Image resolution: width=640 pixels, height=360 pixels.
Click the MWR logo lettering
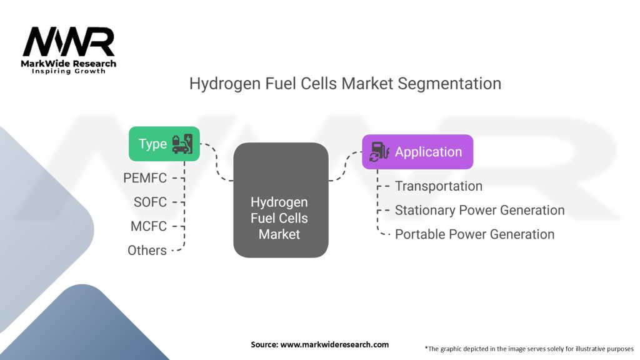pos(69,41)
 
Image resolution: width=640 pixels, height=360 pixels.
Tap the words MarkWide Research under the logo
pos(69,64)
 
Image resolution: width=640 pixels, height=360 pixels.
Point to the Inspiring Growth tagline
pos(69,71)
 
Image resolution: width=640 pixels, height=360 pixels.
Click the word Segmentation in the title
pos(449,84)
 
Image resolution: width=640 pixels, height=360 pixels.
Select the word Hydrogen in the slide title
pos(225,84)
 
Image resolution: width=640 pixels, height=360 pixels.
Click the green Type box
pos(164,144)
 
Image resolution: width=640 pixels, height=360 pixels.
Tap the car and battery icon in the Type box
pos(182,144)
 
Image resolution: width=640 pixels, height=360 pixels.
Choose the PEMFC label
pos(145,178)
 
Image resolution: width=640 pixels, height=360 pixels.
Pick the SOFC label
pos(150,202)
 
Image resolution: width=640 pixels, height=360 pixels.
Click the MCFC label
pos(149,226)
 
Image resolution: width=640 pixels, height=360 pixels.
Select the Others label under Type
pos(147,250)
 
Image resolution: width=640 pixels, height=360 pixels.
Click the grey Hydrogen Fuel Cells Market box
pos(281,200)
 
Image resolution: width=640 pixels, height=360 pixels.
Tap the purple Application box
pos(417,152)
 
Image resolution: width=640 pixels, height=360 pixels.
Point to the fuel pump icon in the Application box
pos(379,152)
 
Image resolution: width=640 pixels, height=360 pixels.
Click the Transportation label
pos(439,186)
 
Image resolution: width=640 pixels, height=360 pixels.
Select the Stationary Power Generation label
pos(480,210)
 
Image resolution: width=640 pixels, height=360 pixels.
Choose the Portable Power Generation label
pos(475,234)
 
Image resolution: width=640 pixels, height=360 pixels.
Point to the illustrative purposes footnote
pos(529,349)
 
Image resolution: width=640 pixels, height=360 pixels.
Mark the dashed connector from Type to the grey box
pos(216,162)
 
